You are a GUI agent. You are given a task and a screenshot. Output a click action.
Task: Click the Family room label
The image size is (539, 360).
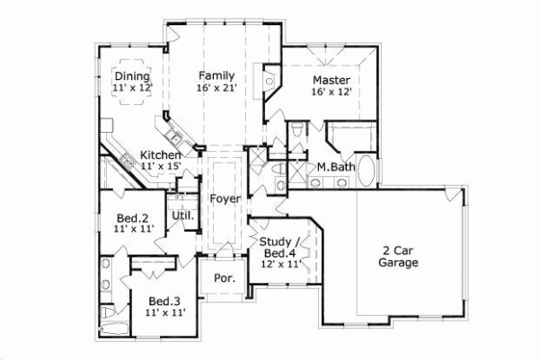216,75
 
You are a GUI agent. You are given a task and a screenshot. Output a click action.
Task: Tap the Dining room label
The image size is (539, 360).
132,76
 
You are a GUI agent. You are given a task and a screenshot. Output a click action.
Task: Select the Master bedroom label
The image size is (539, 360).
331,79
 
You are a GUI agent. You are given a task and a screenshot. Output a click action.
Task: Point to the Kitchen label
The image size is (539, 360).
162,154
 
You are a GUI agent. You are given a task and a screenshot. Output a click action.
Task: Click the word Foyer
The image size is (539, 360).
223,198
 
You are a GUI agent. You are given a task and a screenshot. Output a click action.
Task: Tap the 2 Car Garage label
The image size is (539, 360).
399,257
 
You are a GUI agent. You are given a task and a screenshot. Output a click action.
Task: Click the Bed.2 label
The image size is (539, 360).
133,217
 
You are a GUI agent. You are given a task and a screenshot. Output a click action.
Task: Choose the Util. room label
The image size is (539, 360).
182,215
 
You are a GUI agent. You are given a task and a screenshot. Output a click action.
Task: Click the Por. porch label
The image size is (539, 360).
225,278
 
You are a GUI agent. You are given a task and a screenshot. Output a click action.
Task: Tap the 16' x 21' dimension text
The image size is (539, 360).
216,87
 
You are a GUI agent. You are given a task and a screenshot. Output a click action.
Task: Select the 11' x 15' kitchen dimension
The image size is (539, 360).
162,166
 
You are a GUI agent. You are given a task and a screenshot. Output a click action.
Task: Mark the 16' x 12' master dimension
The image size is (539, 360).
331,91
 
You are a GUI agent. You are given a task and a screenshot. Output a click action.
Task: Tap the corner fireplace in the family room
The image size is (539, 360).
270,81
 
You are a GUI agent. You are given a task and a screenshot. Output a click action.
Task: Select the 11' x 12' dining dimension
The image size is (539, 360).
132,88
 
